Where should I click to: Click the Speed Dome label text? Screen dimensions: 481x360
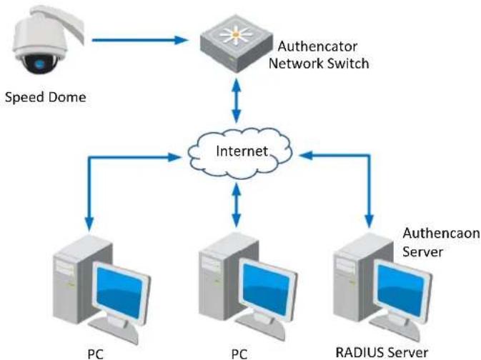point(46,98)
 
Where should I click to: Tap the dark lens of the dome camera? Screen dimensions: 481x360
point(40,64)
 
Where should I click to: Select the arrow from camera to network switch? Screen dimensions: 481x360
point(140,40)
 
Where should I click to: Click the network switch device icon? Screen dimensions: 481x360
point(236,44)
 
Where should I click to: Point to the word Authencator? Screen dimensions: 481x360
point(317,46)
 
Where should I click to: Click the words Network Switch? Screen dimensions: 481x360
point(319,64)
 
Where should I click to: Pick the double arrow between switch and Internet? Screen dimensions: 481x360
point(236,101)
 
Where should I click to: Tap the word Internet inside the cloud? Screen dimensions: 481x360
point(242,151)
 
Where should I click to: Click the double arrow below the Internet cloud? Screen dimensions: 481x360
point(236,205)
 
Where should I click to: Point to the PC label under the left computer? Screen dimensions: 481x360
point(95,354)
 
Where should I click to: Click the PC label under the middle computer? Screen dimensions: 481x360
point(239,354)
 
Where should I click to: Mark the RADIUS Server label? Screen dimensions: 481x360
point(382,352)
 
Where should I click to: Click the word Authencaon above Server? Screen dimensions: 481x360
point(441,233)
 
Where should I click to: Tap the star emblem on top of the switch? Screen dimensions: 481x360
point(236,35)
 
